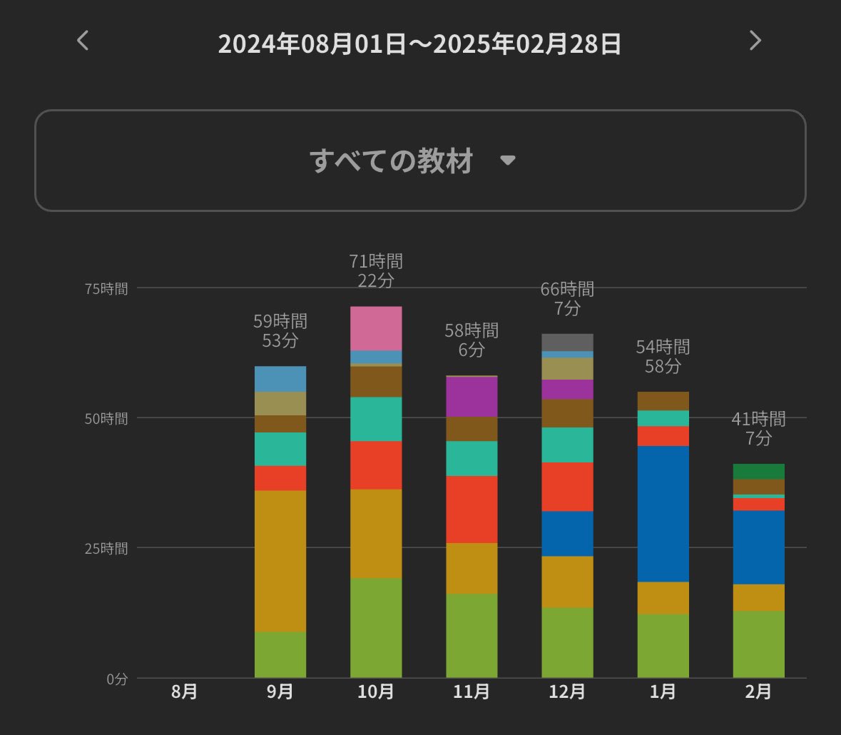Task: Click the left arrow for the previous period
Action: tap(83, 41)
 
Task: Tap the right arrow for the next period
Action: tap(755, 41)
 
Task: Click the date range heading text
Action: tap(419, 44)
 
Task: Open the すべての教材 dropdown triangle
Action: tap(507, 161)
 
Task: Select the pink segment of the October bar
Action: tap(376, 328)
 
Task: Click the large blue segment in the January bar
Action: tap(663, 514)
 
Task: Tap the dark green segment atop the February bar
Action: tap(758, 471)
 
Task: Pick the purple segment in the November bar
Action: tap(472, 397)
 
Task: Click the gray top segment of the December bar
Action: tap(567, 342)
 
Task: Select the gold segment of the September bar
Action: tap(280, 561)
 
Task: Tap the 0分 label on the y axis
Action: tap(116, 679)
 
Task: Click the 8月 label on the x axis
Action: tap(184, 692)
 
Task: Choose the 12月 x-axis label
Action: tap(567, 692)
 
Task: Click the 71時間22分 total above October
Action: tap(376, 270)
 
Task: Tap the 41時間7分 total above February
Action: tap(758, 428)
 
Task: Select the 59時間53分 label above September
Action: tap(280, 330)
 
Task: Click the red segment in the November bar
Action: tap(472, 509)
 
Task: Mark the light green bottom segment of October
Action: tap(376, 628)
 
